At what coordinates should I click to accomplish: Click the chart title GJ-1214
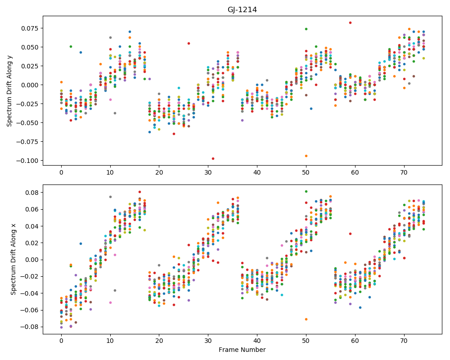click(x=242, y=10)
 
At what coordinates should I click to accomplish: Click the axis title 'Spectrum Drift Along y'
click(x=9, y=91)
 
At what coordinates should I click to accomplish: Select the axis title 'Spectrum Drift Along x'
click(x=13, y=259)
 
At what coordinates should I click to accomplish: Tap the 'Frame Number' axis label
click(x=242, y=350)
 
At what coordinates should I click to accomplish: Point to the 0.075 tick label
click(x=30, y=28)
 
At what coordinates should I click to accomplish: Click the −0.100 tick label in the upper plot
click(x=27, y=161)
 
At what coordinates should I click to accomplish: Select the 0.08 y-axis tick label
click(x=32, y=192)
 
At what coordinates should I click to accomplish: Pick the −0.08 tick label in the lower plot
click(x=30, y=327)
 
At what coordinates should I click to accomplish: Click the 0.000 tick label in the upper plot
click(x=30, y=85)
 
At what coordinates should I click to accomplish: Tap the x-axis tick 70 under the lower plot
click(x=404, y=341)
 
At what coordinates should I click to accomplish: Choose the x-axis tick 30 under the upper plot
click(x=208, y=172)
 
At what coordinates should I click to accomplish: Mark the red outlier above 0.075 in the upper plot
click(x=350, y=22)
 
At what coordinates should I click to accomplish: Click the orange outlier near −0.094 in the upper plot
click(x=306, y=156)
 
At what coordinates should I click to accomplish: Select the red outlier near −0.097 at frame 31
click(x=213, y=158)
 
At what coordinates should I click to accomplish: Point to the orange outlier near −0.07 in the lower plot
click(x=306, y=319)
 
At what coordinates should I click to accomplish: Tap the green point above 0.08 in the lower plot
click(x=306, y=192)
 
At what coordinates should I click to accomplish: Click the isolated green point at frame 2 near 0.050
click(x=71, y=46)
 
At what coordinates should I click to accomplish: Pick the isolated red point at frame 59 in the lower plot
click(x=350, y=234)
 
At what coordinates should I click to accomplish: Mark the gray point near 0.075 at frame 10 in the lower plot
click(x=110, y=197)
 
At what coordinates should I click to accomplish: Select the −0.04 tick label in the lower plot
click(x=30, y=293)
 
